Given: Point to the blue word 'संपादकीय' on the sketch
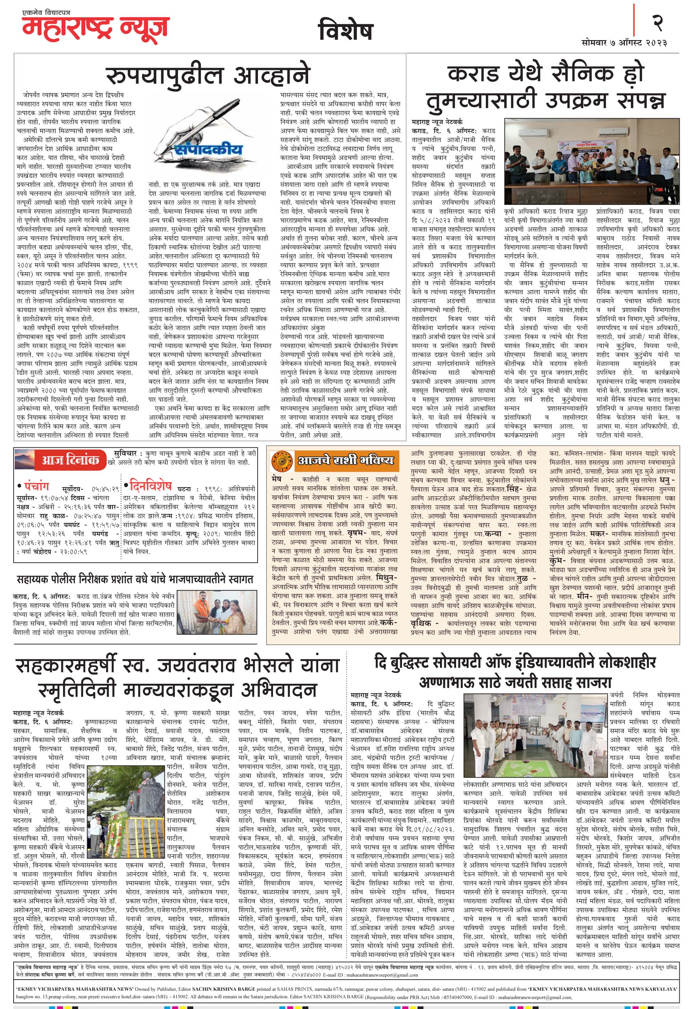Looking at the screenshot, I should pyautogui.click(x=209, y=149).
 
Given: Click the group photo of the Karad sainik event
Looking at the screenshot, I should pyautogui.click(x=591, y=160).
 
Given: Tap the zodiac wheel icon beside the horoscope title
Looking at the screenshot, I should pyautogui.click(x=280, y=460).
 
